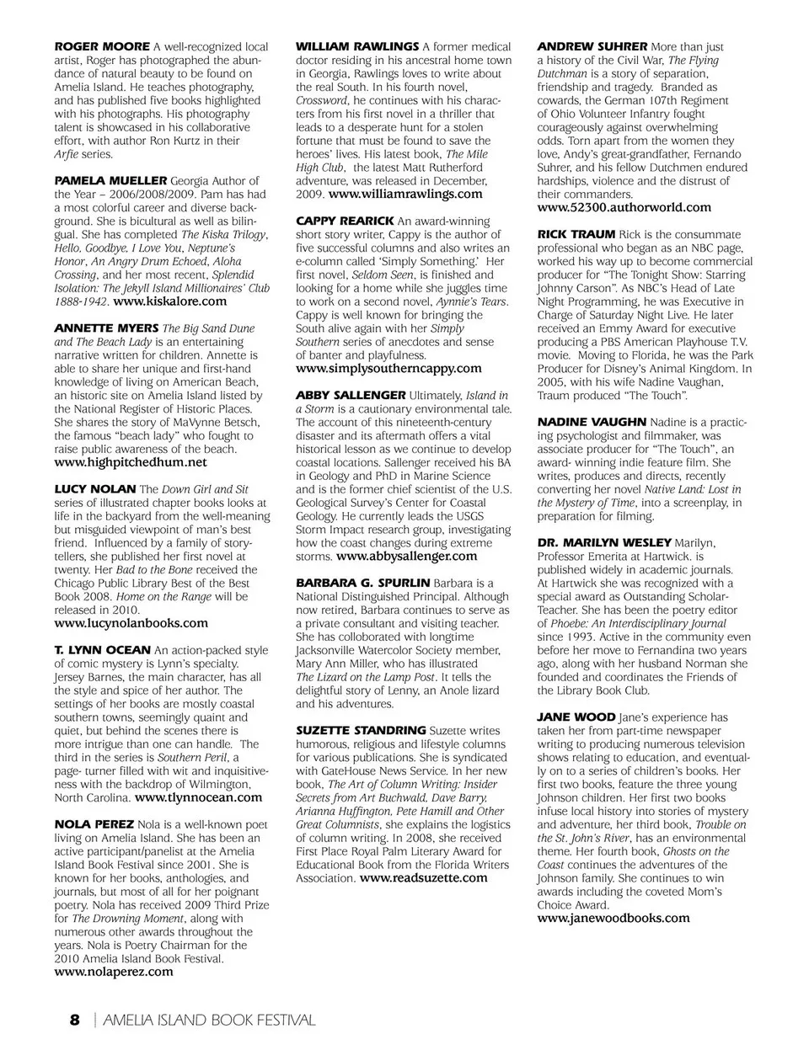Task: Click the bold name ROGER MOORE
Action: click(x=102, y=46)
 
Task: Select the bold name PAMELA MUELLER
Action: click(x=110, y=180)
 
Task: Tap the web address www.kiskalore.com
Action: click(x=169, y=301)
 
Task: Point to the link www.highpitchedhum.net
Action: click(x=131, y=461)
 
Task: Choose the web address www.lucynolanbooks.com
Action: click(x=131, y=623)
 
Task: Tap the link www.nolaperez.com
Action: click(x=114, y=971)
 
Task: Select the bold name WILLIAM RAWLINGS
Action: click(x=357, y=46)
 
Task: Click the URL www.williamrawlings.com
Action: click(x=405, y=194)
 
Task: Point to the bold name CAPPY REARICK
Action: click(x=345, y=221)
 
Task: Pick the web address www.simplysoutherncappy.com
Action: click(x=388, y=368)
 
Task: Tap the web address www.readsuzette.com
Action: click(x=423, y=877)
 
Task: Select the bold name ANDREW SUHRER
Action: click(x=592, y=46)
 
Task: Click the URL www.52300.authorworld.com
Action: click(x=624, y=207)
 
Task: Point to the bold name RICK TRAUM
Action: click(x=576, y=234)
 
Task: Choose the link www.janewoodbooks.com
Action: click(x=613, y=918)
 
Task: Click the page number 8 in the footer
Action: click(x=74, y=1021)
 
